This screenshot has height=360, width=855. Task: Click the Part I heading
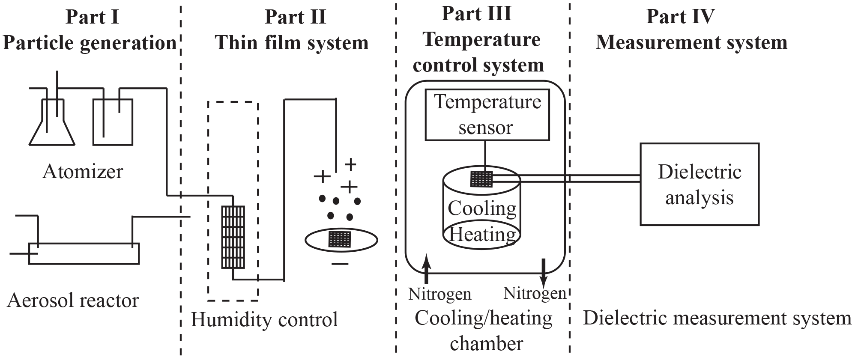pos(92,17)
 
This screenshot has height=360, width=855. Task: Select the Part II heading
pos(295,17)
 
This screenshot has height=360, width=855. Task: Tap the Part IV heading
pos(680,17)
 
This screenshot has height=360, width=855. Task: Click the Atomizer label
pos(83,172)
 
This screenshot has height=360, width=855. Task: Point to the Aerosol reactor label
pos(73,300)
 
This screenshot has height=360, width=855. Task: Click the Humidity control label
pos(264,320)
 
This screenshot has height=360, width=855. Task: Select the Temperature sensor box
pos(487,115)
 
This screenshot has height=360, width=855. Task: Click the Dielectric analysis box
pos(699,184)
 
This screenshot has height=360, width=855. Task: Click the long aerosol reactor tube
pos(84,253)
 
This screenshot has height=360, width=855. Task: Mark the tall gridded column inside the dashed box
pos(233,237)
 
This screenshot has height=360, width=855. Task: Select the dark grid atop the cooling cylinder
pos(482,179)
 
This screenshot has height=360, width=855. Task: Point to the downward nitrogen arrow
pos(544,272)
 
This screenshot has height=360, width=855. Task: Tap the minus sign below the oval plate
pos(340,264)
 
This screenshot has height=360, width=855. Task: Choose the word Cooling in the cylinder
pos(482,208)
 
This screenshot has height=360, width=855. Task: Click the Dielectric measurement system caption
pos(717,318)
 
